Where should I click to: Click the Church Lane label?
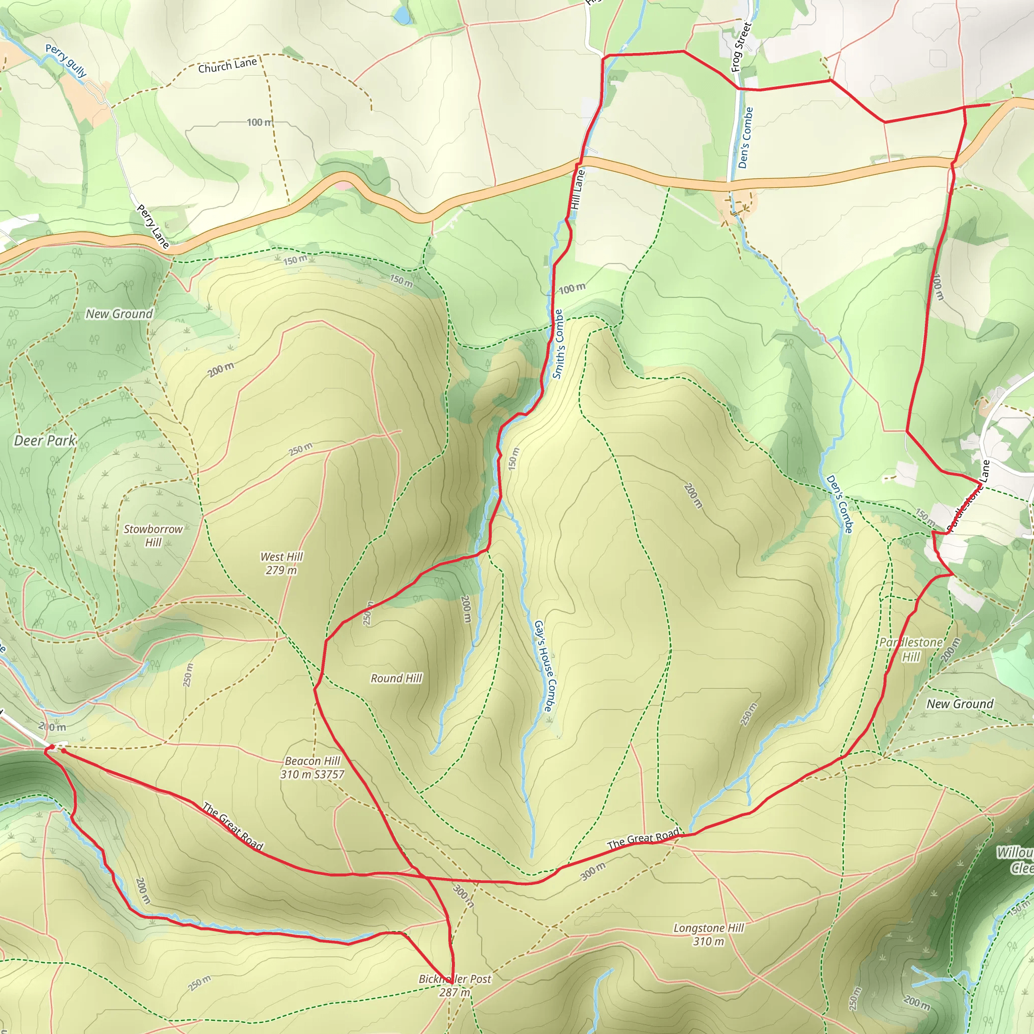coord(228,65)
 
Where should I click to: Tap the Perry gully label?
coord(66,60)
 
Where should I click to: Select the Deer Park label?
coord(45,441)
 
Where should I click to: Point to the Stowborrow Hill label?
coord(153,535)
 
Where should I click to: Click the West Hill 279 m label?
coord(282,563)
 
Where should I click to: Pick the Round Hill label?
coord(396,679)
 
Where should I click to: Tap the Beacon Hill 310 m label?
coord(313,767)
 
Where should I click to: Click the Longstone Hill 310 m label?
coord(708,935)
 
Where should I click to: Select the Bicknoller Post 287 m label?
coord(454,986)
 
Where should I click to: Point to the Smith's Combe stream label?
coord(558,344)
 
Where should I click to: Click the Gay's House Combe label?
coord(543,666)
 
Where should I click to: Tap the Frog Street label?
coord(741,47)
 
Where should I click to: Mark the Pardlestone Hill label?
coord(911,649)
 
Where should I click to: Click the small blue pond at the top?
coord(401,16)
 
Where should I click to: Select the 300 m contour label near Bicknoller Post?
coord(463,896)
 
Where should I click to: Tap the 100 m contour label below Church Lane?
coord(260,123)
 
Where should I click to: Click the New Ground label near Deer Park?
coord(119,314)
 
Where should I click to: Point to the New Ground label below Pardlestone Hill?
coord(960,704)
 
